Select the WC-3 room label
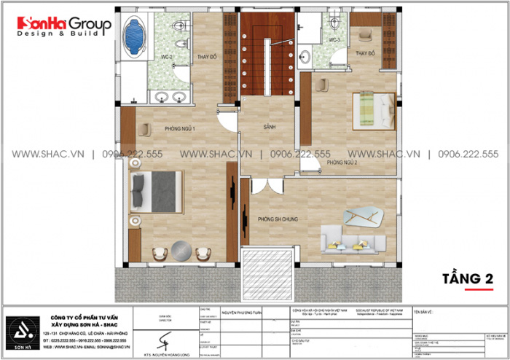point(333,39)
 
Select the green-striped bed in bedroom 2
point(373,109)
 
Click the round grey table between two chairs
point(180,251)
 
